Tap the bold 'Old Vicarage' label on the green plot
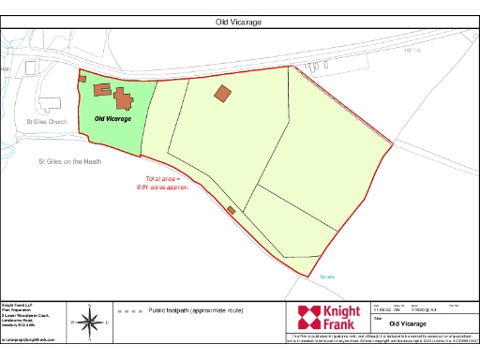click(112, 119)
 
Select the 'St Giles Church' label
click(47, 122)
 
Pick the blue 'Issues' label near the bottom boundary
click(326, 277)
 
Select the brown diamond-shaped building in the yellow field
click(222, 93)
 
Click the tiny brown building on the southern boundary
click(231, 210)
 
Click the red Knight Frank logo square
click(307, 317)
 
